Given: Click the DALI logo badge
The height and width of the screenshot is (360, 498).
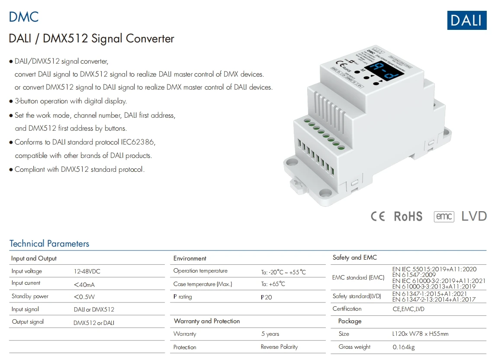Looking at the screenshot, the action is [466, 20].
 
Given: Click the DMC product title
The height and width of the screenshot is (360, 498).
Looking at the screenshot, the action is [24, 17].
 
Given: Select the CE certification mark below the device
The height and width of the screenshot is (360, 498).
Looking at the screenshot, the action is [378, 216].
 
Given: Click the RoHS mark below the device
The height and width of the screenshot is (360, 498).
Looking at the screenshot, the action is [408, 216].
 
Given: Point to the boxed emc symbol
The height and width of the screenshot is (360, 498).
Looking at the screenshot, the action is [444, 216].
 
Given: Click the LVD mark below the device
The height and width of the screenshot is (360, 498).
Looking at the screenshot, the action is [474, 216].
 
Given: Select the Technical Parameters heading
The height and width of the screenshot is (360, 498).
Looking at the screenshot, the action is [49, 244].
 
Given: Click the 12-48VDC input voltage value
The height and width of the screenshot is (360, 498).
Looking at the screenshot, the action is [87, 272].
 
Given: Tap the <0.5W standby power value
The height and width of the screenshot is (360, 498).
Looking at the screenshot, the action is [84, 297].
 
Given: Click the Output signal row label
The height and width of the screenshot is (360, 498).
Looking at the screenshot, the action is [28, 322].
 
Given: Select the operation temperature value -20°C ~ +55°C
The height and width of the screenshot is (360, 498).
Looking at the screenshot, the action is [283, 272].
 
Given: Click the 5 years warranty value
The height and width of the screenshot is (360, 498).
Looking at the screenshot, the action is [270, 334].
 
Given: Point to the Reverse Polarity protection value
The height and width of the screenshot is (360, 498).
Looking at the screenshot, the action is [279, 347].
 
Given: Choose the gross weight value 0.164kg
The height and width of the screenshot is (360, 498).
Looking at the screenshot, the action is [404, 347].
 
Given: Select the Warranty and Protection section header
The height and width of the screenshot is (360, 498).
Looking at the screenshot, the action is [206, 321].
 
